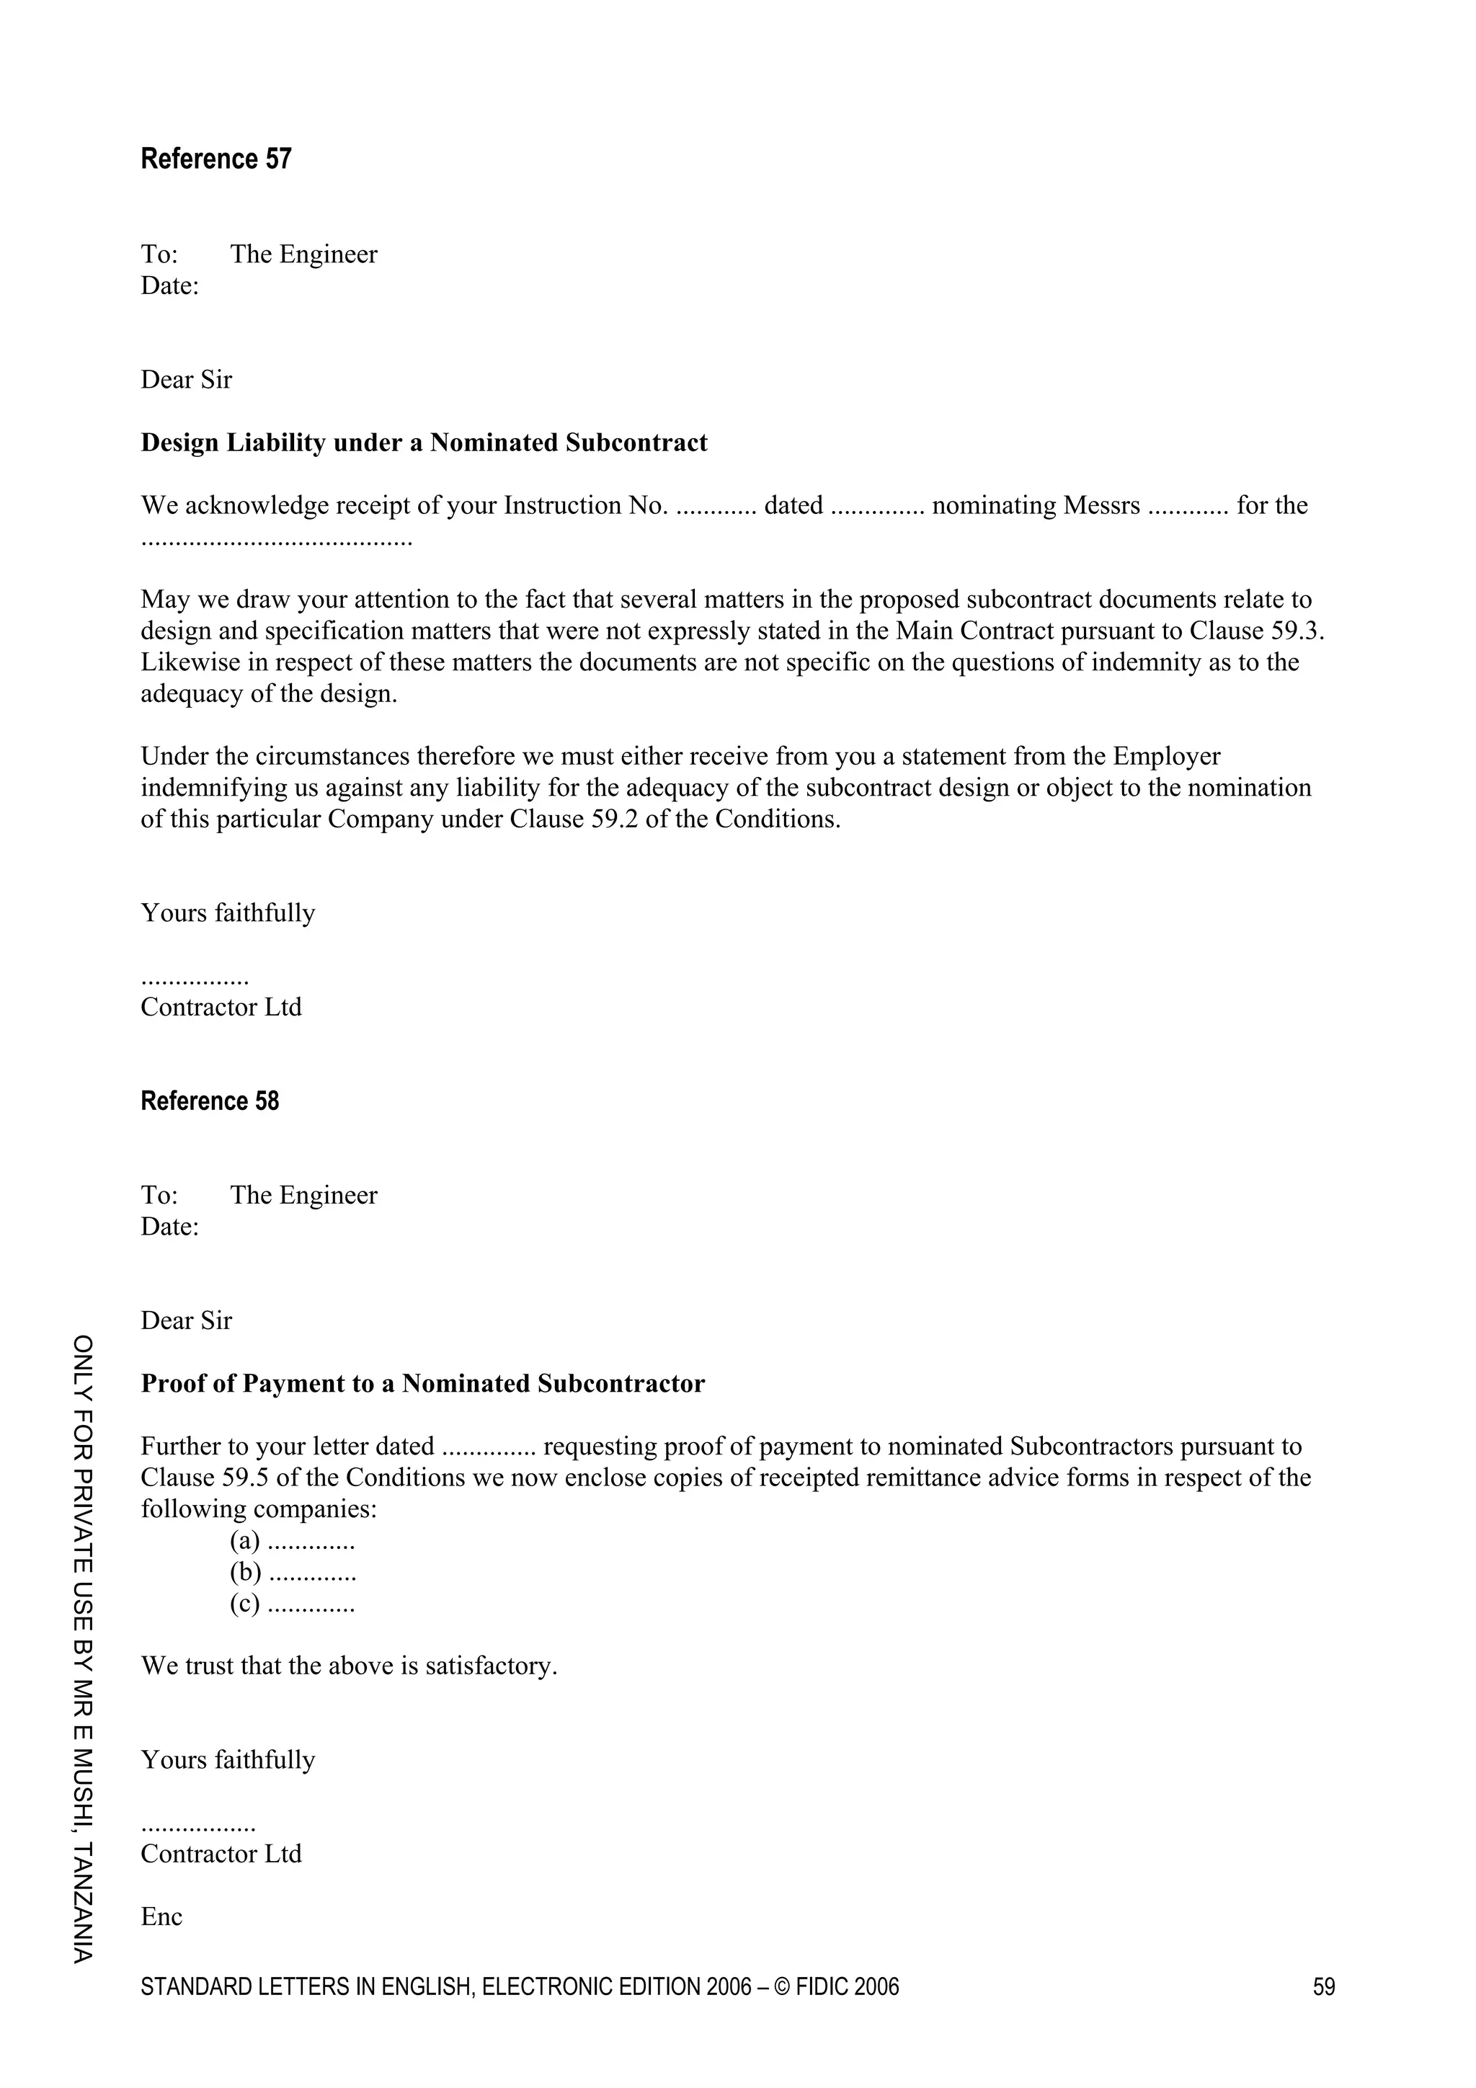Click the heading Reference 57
[x=215, y=159]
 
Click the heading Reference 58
[x=209, y=1101]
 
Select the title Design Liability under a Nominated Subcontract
[x=424, y=443]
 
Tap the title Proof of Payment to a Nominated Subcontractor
[x=423, y=1383]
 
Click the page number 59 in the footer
[x=1323, y=1987]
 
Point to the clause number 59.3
[x=1296, y=631]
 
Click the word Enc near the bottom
[x=162, y=1917]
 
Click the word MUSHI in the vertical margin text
[x=83, y=1785]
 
